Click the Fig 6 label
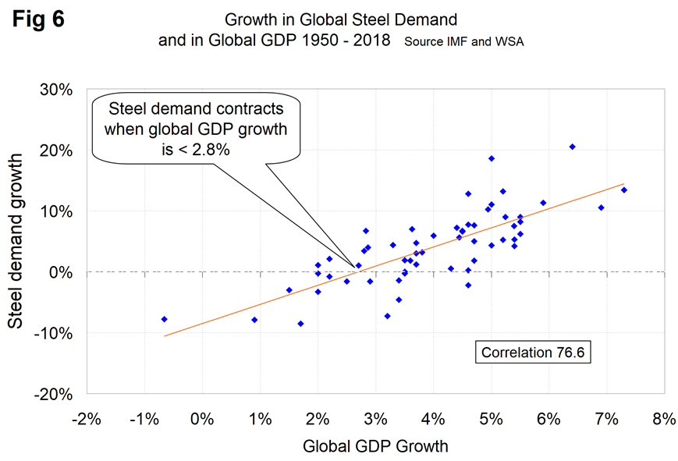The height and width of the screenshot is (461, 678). pos(37,20)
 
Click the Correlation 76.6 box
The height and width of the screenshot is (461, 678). pos(533,352)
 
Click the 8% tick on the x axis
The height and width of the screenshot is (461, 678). pos(663,418)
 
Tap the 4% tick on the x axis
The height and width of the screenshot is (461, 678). pos(432,418)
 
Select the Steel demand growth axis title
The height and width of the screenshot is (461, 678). pos(17,242)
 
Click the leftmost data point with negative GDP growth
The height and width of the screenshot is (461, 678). pos(164,319)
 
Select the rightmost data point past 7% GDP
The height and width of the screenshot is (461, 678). pos(623,190)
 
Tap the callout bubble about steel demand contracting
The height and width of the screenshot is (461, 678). pos(189,129)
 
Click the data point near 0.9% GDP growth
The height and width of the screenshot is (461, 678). pos(254,320)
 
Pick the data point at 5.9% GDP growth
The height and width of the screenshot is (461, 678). pos(543,203)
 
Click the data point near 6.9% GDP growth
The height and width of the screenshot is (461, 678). pos(601,207)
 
